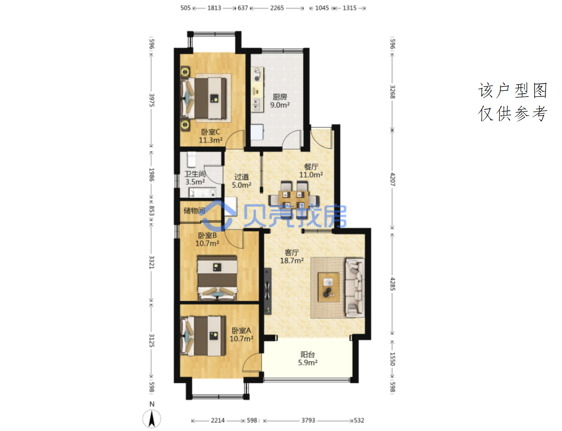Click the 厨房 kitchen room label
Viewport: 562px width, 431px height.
coord(280,97)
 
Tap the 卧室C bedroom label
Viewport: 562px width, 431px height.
coord(210,132)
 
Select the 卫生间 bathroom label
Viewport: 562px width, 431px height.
coord(195,174)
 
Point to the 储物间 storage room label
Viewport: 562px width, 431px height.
coord(194,211)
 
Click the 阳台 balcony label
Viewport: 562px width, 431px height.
coord(308,354)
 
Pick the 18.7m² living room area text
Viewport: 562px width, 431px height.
coord(292,260)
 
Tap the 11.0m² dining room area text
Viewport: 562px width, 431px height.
coord(311,175)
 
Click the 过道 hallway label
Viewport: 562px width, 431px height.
coord(241,177)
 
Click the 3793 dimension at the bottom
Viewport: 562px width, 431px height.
coord(308,420)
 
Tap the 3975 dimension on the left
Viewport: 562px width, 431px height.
coord(152,100)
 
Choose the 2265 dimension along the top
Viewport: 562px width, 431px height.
coord(277,8)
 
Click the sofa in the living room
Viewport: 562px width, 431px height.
coord(355,287)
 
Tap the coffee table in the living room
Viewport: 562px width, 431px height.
coord(329,287)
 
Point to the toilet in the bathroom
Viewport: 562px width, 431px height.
coord(192,160)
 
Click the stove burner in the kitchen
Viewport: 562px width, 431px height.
coord(257,78)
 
